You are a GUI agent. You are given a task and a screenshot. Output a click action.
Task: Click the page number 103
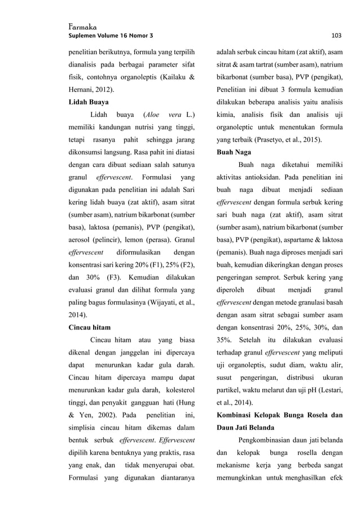click(x=336, y=36)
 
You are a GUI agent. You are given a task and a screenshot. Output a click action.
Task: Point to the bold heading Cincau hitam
click(x=89, y=327)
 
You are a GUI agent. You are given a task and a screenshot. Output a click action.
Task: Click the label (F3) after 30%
click(x=114, y=278)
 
